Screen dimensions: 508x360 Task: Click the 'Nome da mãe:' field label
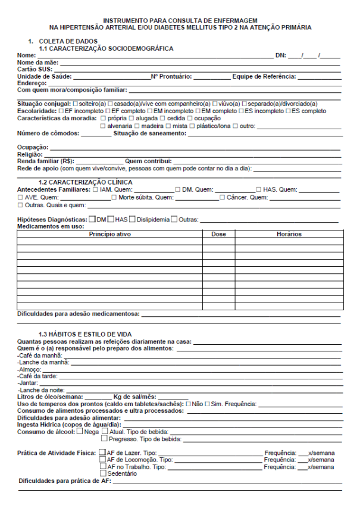tap(36, 62)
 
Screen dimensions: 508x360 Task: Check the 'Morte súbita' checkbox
tap(115, 197)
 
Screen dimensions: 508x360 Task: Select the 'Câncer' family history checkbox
tap(223, 197)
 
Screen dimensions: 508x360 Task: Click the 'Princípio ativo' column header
tap(109, 234)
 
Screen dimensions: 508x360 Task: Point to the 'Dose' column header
tap(218, 234)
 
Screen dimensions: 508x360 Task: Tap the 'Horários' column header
tap(289, 234)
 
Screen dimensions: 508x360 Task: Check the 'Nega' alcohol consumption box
tap(80, 431)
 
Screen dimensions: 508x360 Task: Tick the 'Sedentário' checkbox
tap(103, 473)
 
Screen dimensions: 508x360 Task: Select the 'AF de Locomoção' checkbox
tap(103, 460)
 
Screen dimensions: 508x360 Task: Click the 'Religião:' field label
tap(29, 154)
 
